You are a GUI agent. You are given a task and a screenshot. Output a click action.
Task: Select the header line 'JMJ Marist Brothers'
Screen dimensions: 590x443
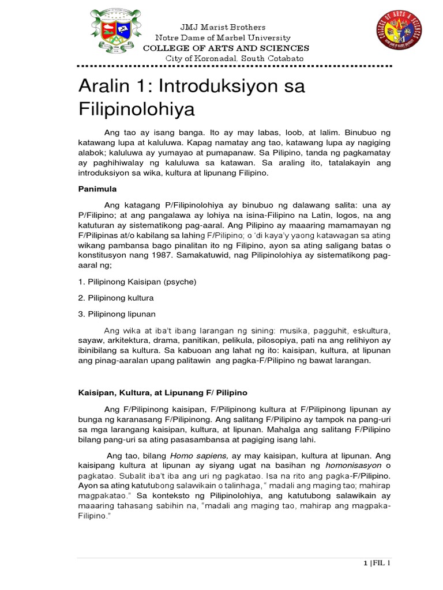point(215,27)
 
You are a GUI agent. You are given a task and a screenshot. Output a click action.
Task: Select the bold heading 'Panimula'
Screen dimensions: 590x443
point(96,188)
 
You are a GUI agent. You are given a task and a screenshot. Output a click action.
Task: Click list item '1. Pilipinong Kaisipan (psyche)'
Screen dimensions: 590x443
point(137,282)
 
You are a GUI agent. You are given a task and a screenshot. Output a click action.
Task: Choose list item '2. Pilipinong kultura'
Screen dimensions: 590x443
point(117,298)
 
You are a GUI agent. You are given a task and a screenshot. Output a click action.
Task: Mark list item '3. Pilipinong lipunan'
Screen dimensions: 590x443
point(117,314)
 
